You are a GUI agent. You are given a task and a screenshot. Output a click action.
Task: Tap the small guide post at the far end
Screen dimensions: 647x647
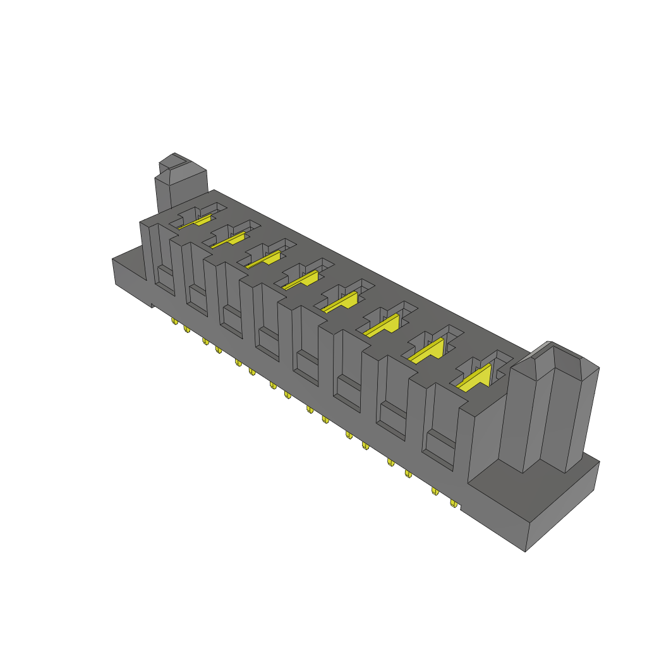pyautogui.click(x=181, y=186)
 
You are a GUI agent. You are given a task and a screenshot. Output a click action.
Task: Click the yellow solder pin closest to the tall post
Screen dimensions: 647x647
pyautogui.click(x=454, y=504)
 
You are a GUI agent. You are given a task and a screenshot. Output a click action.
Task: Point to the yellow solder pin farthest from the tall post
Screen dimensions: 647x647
pyautogui.click(x=174, y=322)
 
